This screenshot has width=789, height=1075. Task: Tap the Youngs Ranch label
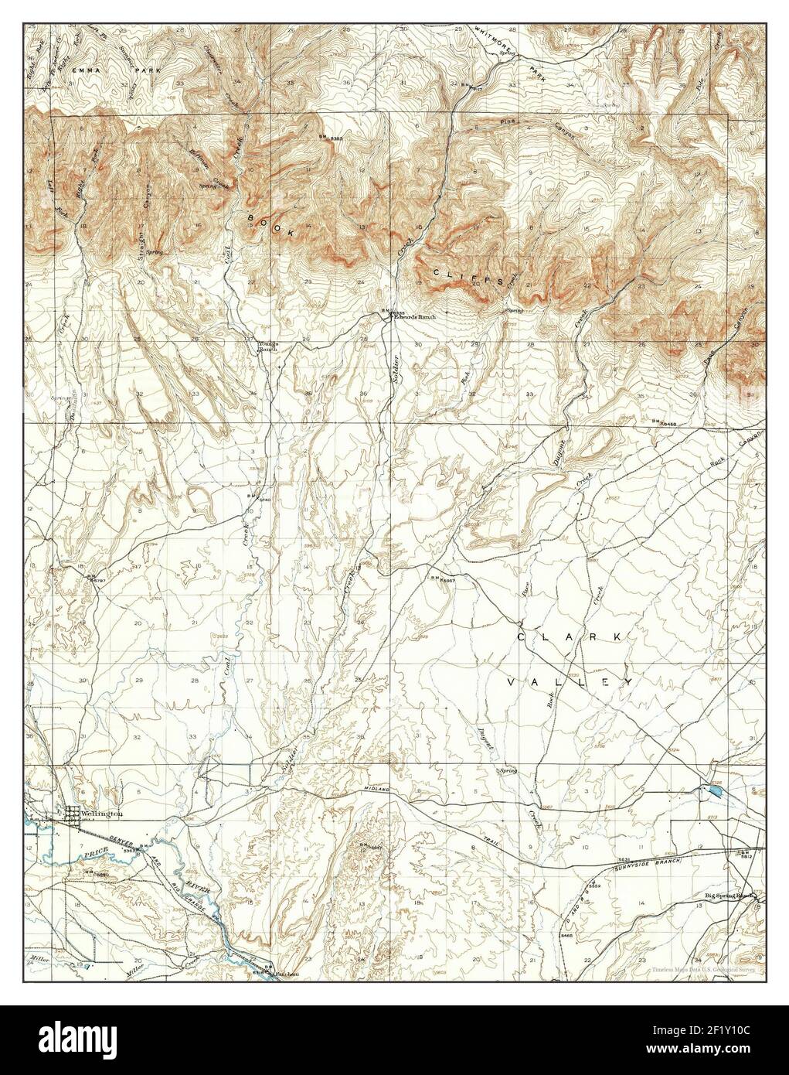click(x=267, y=346)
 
